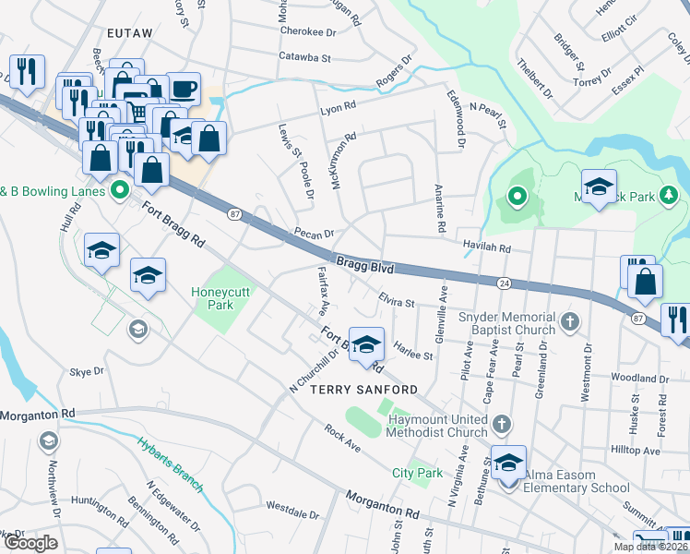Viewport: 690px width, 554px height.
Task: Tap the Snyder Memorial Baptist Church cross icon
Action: (571, 322)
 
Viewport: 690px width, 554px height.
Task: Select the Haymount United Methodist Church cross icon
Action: (501, 425)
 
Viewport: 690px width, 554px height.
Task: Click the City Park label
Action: (418, 473)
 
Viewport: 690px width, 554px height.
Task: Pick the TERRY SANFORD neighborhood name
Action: (357, 390)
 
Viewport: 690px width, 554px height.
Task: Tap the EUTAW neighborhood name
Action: (128, 32)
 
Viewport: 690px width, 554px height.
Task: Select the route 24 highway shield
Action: (504, 282)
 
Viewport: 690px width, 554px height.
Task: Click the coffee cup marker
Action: (183, 89)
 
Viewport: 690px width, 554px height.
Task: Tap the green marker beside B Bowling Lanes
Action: (118, 192)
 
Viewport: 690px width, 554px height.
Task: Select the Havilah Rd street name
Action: (486, 248)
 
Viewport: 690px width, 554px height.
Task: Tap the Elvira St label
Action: (397, 299)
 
